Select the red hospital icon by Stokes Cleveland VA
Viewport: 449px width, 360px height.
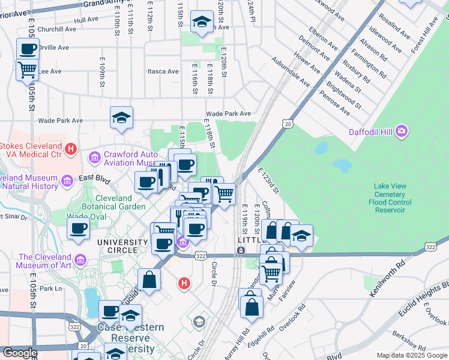pyautogui.click(x=71, y=148)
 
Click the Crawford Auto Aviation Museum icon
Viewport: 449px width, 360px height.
pyautogui.click(x=94, y=158)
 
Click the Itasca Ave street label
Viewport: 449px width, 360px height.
pyautogui.click(x=163, y=71)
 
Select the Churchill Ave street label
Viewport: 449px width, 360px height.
pyautogui.click(x=54, y=29)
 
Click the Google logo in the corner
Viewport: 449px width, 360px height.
pyautogui.click(x=20, y=353)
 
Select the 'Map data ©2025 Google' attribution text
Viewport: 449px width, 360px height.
pyautogui.click(x=411, y=356)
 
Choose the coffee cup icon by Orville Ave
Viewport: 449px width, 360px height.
pyautogui.click(x=27, y=49)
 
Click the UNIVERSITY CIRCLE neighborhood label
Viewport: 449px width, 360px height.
pyautogui.click(x=122, y=242)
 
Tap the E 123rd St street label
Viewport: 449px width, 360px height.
pyautogui.click(x=268, y=181)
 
